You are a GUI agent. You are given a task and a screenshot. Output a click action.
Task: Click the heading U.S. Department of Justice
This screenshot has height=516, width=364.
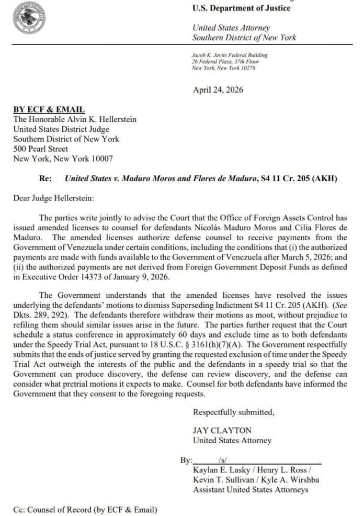[x=241, y=8]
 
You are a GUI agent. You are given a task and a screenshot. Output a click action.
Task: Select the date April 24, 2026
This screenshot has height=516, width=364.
[x=218, y=89]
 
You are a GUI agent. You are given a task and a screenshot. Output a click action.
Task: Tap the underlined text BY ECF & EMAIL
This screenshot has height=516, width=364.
[x=49, y=109]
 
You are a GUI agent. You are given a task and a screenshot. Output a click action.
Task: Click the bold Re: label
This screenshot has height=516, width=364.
[x=45, y=178]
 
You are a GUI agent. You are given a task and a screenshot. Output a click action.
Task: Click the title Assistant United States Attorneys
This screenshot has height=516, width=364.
[x=251, y=490]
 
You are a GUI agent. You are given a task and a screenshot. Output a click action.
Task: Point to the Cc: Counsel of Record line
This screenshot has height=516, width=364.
[x=85, y=509]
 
